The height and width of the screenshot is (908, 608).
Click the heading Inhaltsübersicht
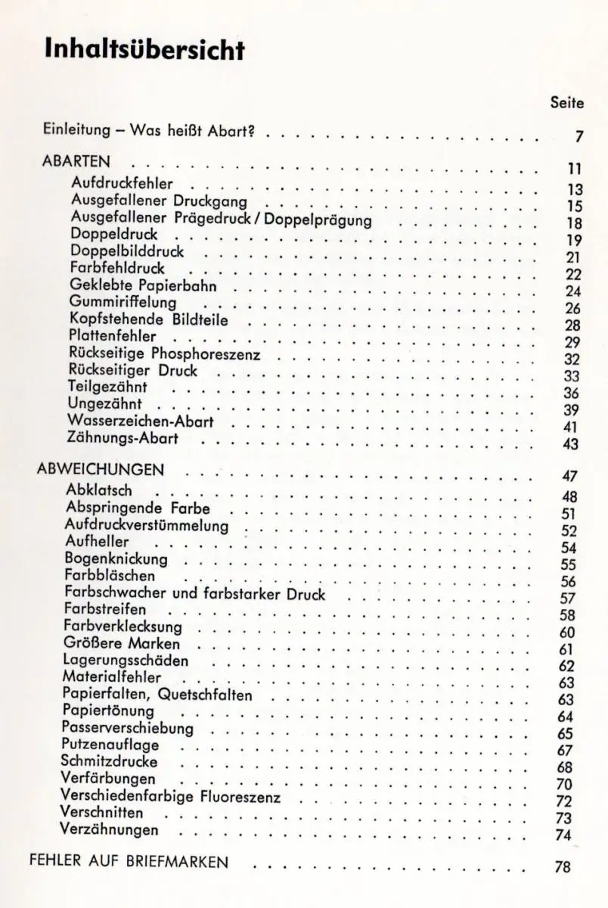[x=144, y=49]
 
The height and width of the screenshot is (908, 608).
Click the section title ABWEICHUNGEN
[x=101, y=470]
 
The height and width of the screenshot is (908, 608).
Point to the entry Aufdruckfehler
[x=121, y=182]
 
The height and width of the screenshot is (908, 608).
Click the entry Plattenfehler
[x=113, y=336]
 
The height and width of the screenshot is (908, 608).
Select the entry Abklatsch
[x=99, y=491]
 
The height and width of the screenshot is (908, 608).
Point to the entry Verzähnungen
[x=110, y=830]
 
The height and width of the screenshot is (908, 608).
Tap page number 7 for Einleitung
[x=578, y=138]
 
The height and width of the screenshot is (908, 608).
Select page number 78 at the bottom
[x=562, y=868]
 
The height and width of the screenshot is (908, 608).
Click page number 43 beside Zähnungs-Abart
[x=571, y=444]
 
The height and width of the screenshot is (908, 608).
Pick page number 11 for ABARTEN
[x=572, y=168]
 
